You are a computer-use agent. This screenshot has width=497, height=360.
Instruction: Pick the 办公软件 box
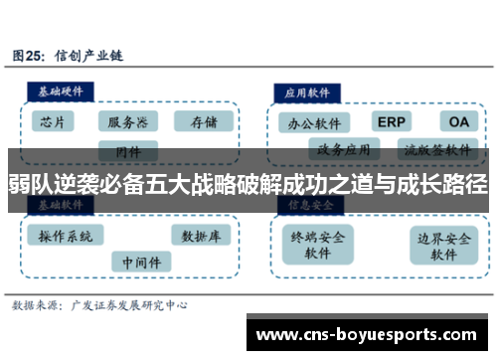[x=313, y=123]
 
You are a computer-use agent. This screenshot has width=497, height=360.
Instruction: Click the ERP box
[x=392, y=121]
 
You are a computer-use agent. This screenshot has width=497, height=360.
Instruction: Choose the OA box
[x=457, y=121]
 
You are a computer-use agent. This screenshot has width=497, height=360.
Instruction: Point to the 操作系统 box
[x=66, y=236]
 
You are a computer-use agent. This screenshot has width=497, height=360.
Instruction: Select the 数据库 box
[x=200, y=236]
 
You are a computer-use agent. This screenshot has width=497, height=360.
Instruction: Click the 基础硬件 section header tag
[x=61, y=90]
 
